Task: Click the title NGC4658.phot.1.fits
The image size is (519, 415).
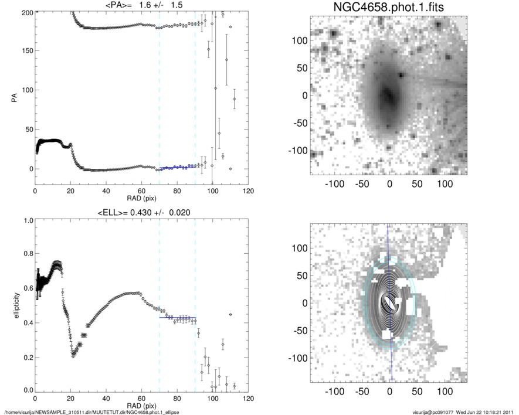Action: click(388, 8)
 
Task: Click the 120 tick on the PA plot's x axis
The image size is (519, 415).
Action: click(248, 192)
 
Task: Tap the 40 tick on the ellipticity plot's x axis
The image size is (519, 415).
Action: click(106, 399)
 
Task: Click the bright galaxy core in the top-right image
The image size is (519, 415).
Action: click(387, 94)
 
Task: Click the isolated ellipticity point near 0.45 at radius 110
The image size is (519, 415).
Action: click(230, 315)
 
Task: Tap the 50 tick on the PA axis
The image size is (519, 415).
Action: click(27, 130)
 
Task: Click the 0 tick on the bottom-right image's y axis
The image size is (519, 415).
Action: click(304, 303)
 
